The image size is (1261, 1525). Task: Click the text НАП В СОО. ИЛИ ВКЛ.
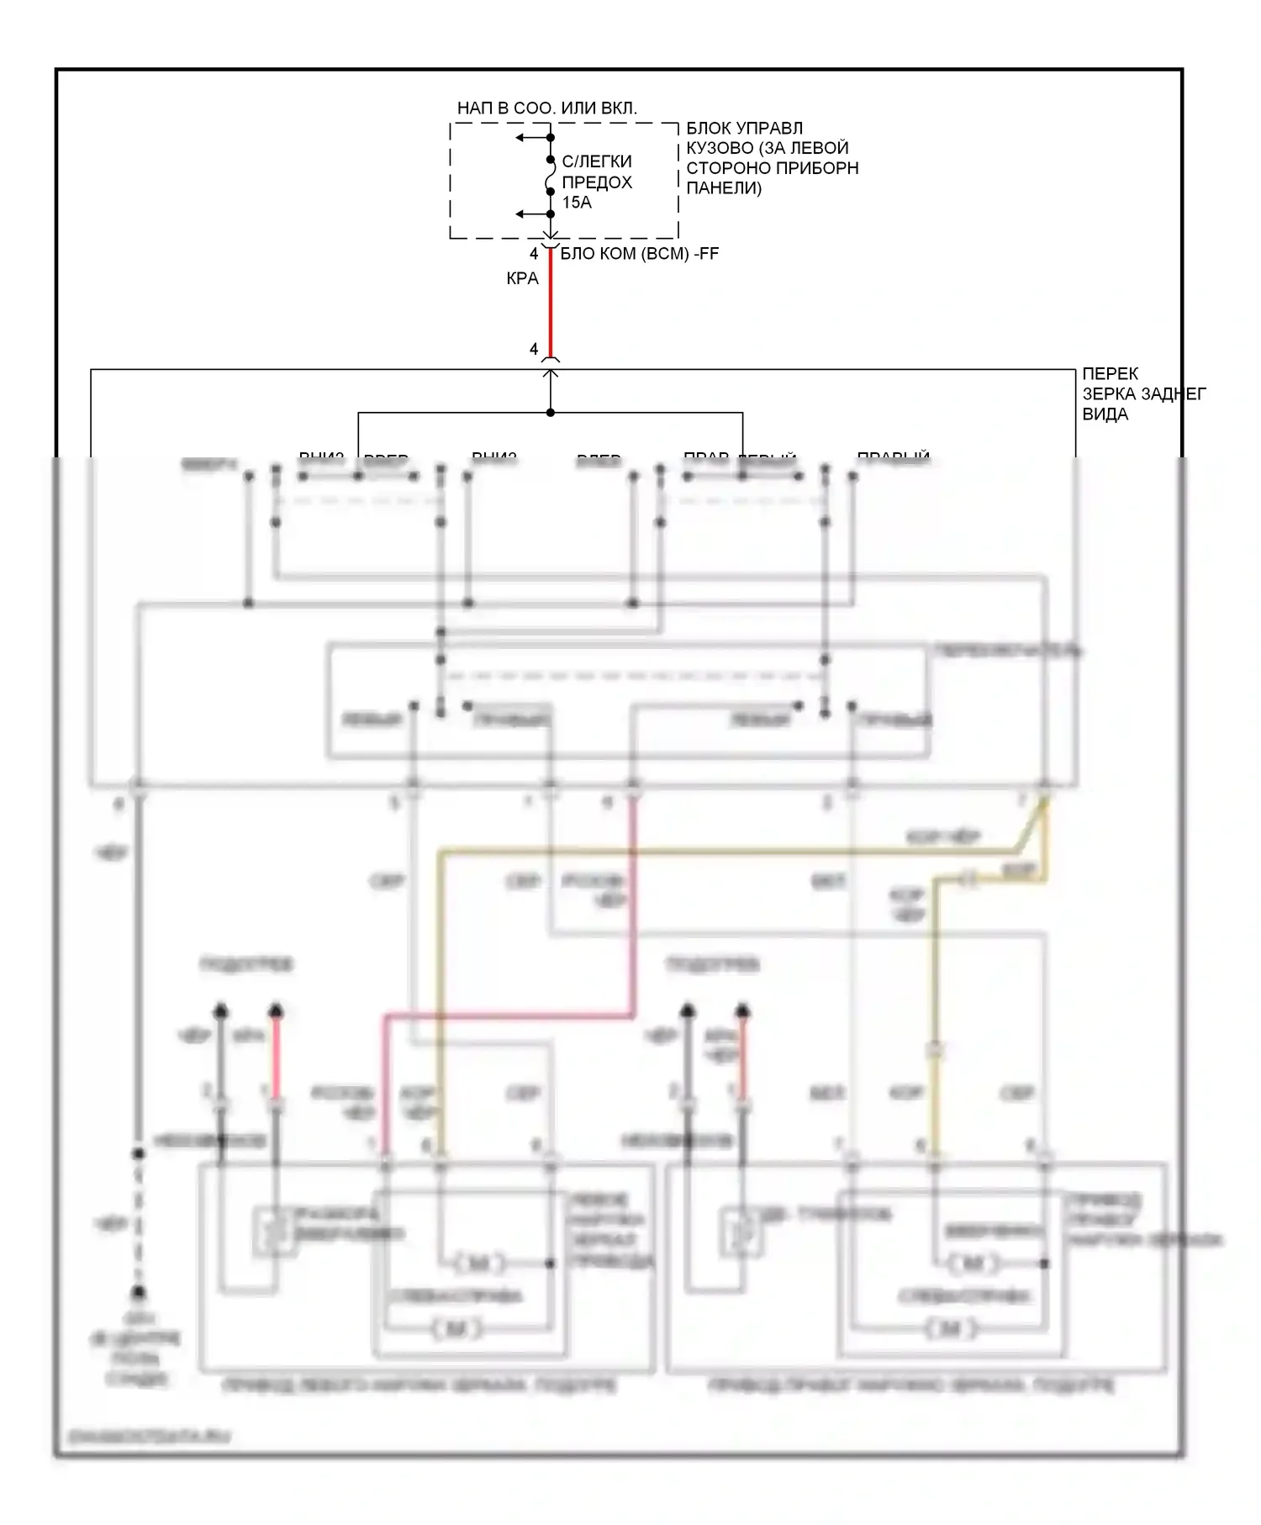546,108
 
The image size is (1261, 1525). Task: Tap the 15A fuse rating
577,203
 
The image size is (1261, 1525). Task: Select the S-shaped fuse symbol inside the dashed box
551,177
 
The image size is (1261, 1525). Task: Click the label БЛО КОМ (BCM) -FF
639,254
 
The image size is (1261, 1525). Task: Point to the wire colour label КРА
522,278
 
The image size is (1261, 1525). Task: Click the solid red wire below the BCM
551,303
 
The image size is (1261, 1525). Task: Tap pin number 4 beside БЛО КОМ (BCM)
534,254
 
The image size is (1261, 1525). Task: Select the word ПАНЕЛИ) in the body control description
723,188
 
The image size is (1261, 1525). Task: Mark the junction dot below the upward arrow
551,413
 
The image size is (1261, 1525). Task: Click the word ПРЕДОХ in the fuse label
597,182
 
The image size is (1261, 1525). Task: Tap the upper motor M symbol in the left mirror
479,1263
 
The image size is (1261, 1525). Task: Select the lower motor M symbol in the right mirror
950,1329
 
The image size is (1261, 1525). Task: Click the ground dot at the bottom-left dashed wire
139,1292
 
